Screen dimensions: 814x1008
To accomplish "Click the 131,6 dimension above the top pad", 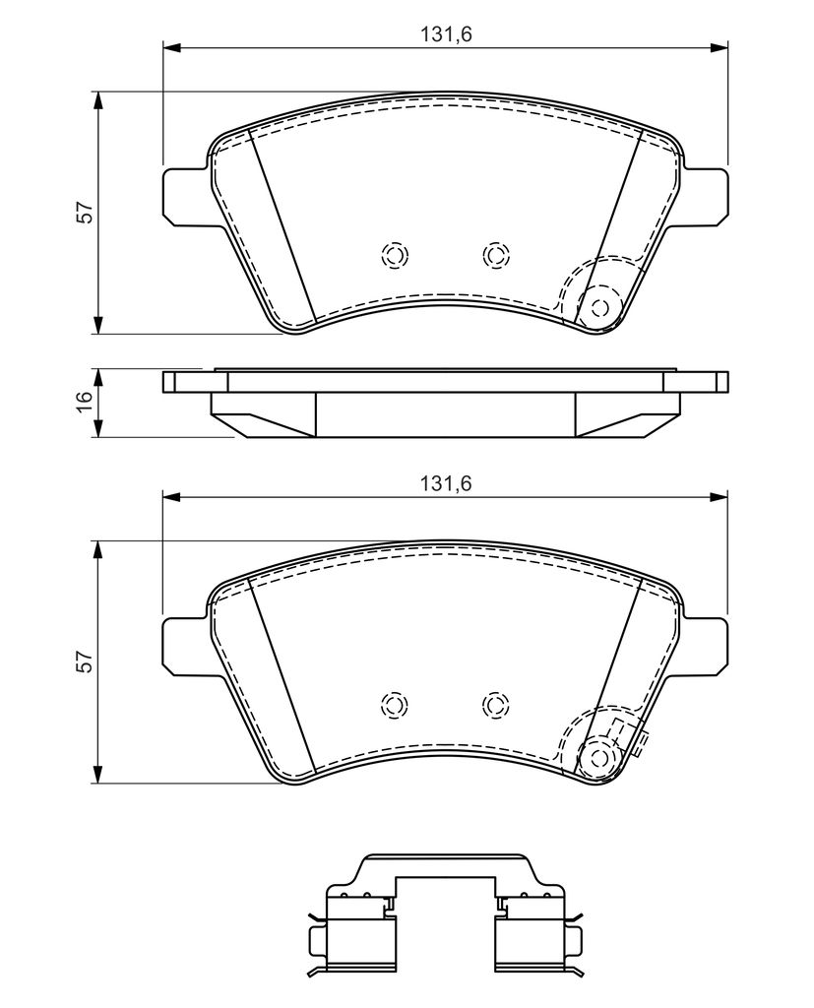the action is [446, 34].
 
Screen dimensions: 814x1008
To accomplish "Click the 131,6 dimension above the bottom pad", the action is [446, 483].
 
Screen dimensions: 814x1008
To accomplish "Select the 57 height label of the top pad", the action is [85, 213].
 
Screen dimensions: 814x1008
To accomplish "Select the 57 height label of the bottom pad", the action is [85, 661].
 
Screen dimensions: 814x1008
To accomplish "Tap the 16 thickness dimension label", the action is [85, 403].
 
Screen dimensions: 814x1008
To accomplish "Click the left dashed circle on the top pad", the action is [395, 255].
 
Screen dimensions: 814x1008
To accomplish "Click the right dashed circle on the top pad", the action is [495, 255].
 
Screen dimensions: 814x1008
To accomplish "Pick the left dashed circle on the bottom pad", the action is [395, 705].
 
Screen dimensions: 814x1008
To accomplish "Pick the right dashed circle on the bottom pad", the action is [495, 705].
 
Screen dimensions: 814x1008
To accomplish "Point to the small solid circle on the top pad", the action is [600, 308].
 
